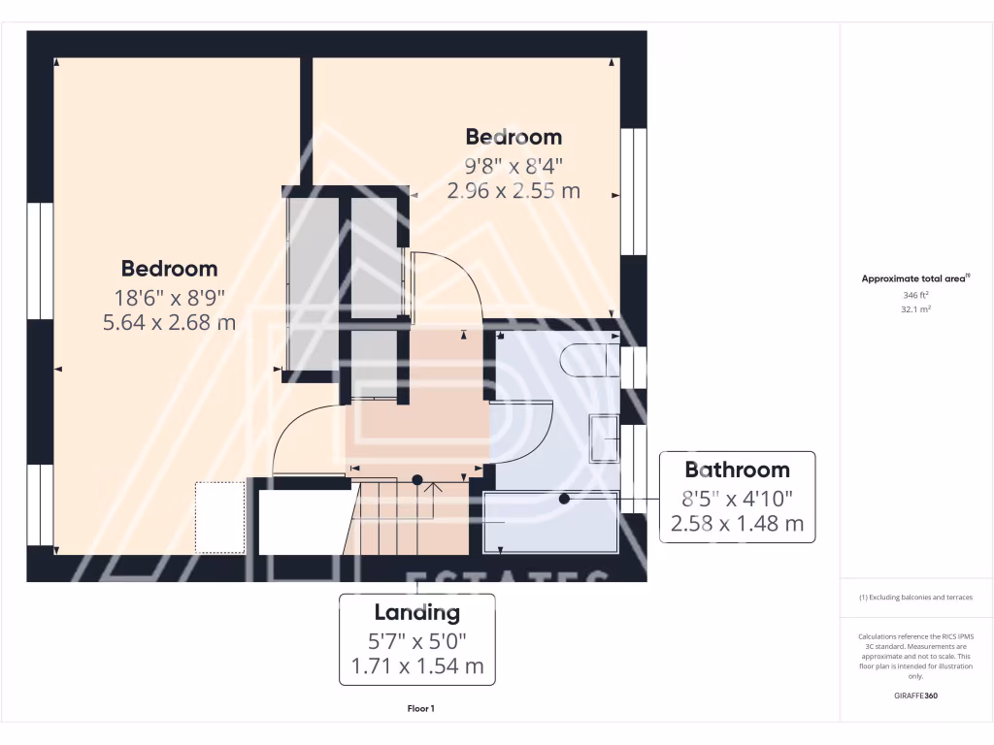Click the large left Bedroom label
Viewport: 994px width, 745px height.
(x=169, y=268)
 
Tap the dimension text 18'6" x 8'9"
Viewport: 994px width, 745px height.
(x=169, y=298)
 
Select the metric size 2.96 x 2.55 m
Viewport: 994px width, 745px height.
(x=514, y=191)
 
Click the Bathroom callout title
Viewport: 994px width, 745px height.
(x=737, y=470)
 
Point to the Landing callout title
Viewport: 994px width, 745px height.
(x=416, y=613)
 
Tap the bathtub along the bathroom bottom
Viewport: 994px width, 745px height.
(x=550, y=522)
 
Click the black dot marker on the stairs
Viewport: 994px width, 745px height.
(x=417, y=479)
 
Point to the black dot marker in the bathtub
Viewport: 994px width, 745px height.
(x=563, y=499)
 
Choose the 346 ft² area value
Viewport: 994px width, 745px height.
(x=916, y=294)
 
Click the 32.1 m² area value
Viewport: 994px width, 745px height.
(x=916, y=309)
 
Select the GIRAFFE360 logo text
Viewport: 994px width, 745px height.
(x=915, y=696)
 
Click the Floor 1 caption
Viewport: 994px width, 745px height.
(x=420, y=709)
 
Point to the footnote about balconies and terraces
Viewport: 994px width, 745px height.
(x=915, y=598)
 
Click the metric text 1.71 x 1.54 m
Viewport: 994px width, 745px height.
(x=416, y=666)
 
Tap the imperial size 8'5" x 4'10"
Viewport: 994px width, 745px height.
(x=737, y=499)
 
